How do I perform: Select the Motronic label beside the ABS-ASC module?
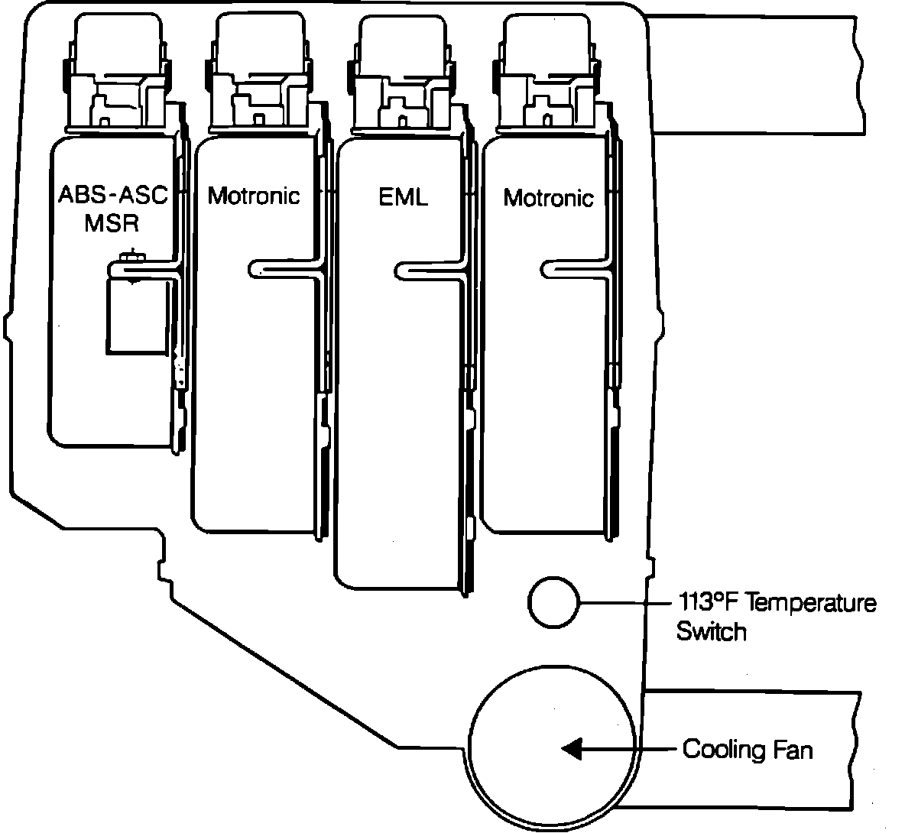tap(254, 196)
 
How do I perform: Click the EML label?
tap(403, 196)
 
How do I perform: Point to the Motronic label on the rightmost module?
tap(548, 198)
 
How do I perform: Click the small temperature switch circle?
tap(553, 602)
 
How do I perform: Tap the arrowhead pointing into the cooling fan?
tap(573, 749)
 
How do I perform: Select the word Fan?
tap(794, 749)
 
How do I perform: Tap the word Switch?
tap(711, 632)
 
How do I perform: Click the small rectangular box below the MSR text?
tap(136, 315)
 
